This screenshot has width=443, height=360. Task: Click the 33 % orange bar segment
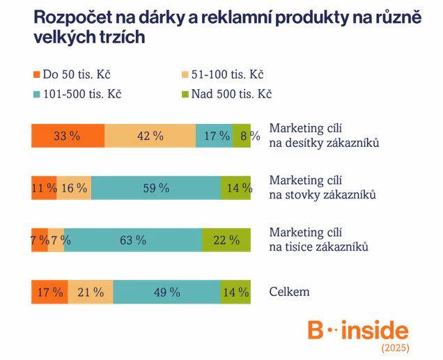[x=68, y=136]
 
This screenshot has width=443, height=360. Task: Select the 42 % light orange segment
[x=150, y=136]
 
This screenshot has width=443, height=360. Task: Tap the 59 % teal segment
[x=156, y=188]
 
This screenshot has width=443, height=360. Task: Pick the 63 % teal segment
[x=133, y=240]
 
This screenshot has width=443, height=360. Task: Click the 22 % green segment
[x=226, y=240]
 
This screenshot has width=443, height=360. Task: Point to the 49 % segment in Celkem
[x=167, y=292]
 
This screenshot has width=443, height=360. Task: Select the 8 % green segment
[x=242, y=136]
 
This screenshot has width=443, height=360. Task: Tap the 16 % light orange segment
[x=74, y=188]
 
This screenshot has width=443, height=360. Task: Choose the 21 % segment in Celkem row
[x=91, y=292]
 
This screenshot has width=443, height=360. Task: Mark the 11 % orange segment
[x=44, y=188]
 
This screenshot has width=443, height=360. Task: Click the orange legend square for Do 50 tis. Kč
[x=36, y=75]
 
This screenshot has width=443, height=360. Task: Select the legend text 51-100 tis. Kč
[x=228, y=75]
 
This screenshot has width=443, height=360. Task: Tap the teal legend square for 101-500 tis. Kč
[x=36, y=94]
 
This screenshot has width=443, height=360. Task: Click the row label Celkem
[x=289, y=292]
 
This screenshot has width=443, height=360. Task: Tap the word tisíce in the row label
[x=300, y=246]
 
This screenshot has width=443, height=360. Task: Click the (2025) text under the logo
[x=395, y=347]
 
